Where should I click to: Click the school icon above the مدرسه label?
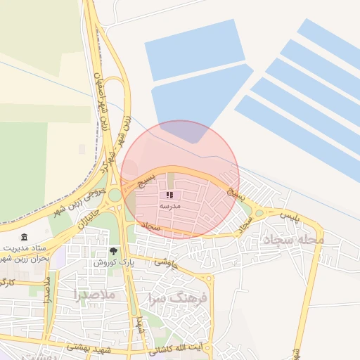point(169,195)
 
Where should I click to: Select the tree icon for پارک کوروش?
point(113,251)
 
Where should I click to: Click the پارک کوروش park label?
point(110,262)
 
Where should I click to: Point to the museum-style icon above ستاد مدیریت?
point(25,237)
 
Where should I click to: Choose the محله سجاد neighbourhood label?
point(294,240)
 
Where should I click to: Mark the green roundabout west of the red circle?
point(115,195)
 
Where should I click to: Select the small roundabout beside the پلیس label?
point(259,213)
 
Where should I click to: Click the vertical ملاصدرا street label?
point(46,288)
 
